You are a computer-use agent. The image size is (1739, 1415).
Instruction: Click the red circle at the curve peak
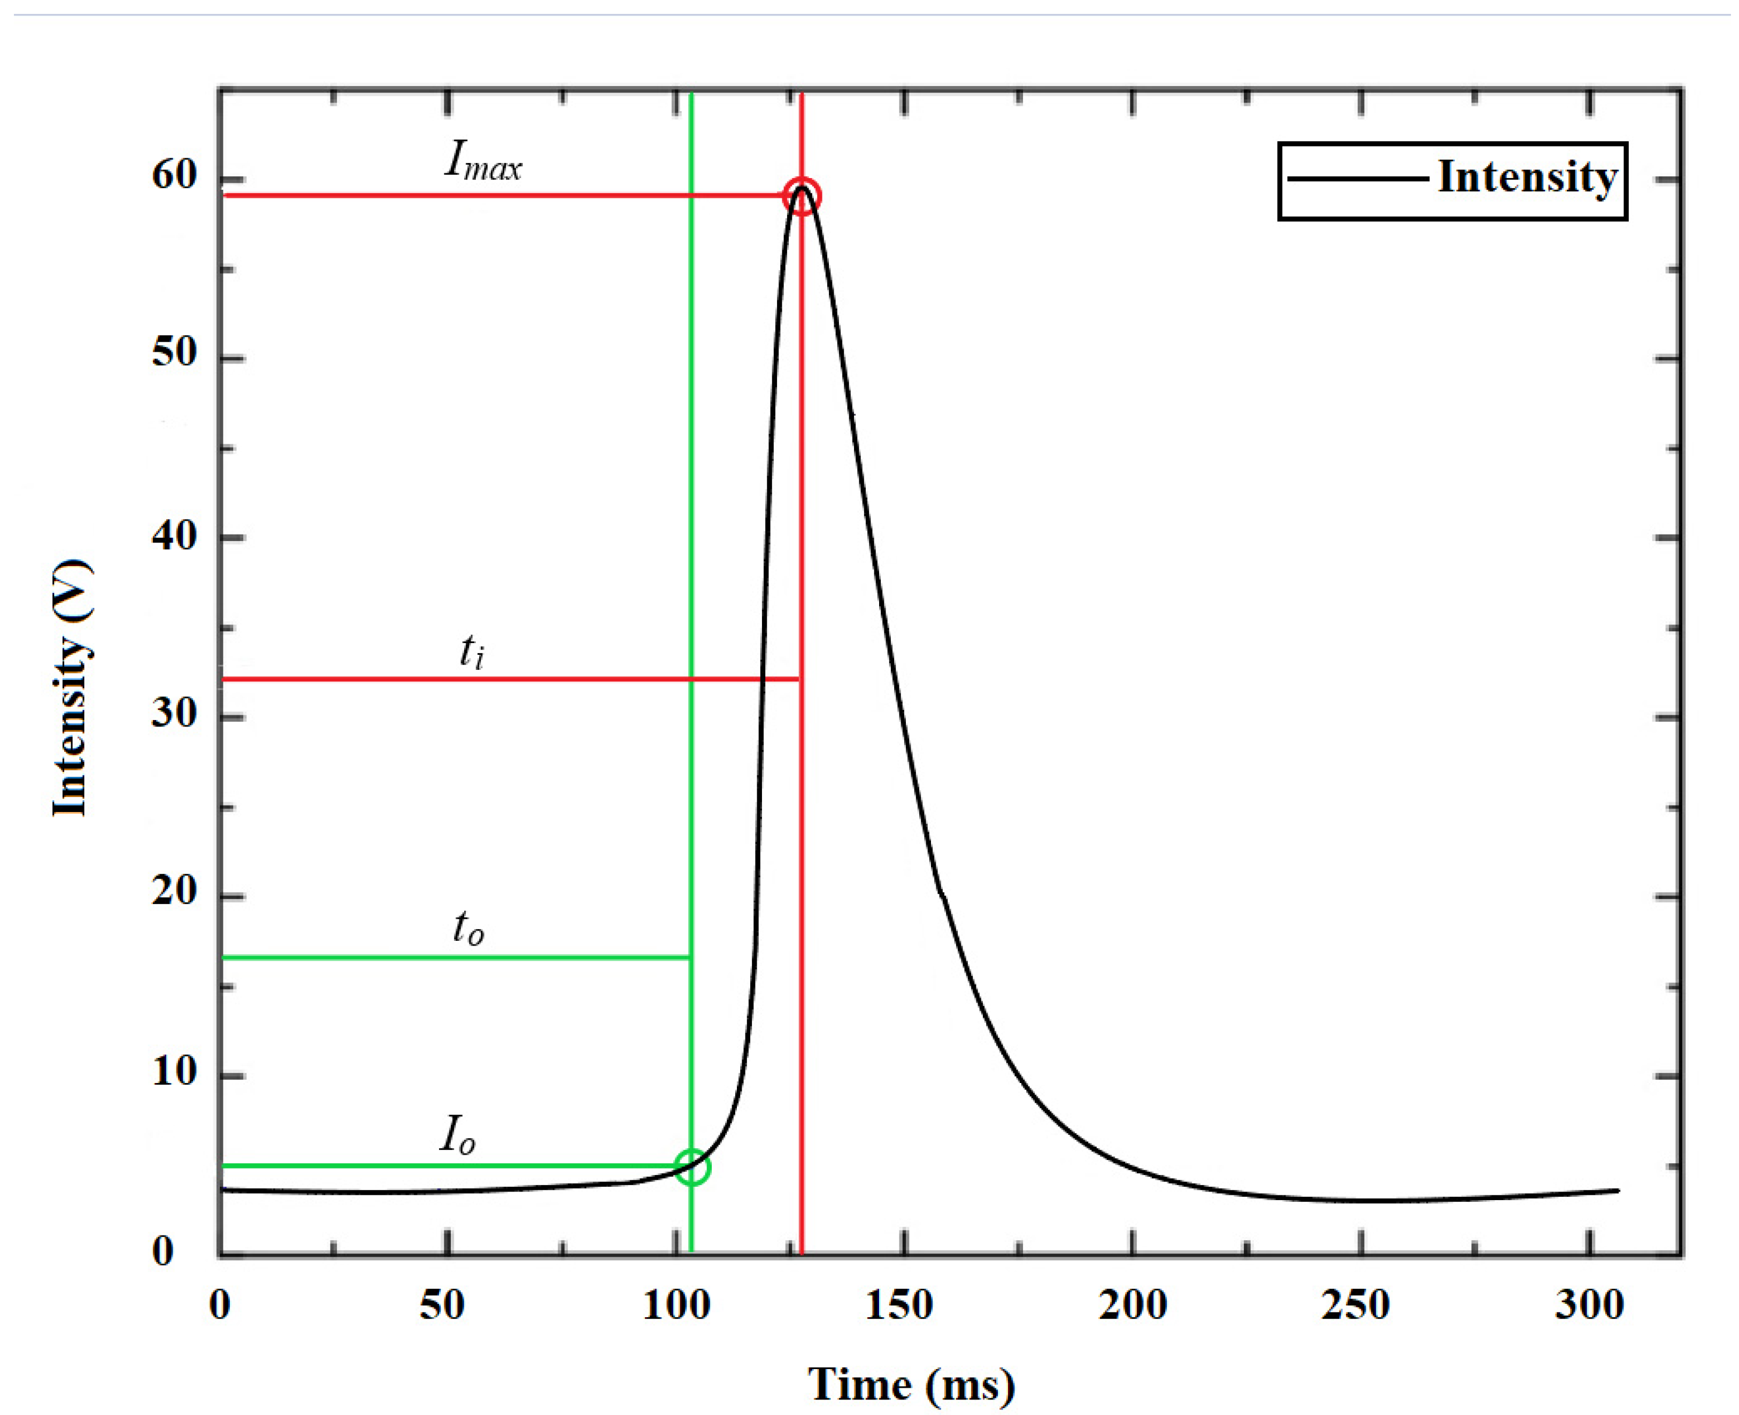click(802, 196)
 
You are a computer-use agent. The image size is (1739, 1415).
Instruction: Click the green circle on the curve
click(692, 1167)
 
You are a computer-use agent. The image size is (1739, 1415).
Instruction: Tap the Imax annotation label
click(483, 160)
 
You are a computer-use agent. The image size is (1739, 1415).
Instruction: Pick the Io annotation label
click(457, 1134)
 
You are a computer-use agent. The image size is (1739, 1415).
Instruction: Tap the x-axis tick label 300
click(1589, 1305)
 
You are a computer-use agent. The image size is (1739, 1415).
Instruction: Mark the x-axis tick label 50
click(442, 1305)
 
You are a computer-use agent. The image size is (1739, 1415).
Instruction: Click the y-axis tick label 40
click(174, 536)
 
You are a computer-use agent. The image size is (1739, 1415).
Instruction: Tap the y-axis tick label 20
click(174, 891)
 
